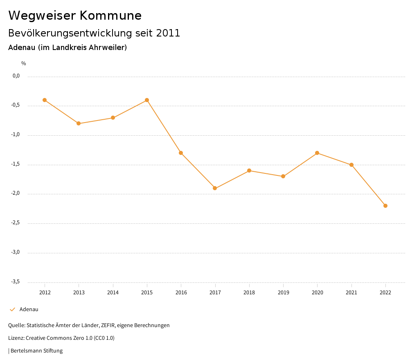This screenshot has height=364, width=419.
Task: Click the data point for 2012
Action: (x=45, y=100)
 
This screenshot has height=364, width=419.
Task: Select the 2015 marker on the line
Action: (x=147, y=100)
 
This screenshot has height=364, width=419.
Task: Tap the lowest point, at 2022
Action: (x=385, y=206)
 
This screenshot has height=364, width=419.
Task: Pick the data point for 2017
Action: (x=215, y=188)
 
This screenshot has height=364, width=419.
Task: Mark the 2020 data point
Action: (x=317, y=153)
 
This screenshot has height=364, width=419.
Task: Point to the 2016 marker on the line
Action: (x=181, y=153)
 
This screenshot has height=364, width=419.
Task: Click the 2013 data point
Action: (x=79, y=123)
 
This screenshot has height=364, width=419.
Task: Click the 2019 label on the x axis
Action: (x=283, y=292)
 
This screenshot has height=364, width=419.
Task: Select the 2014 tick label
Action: (x=113, y=292)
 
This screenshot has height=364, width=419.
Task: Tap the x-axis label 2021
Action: (x=351, y=292)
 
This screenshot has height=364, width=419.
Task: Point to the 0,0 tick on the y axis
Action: (x=16, y=76)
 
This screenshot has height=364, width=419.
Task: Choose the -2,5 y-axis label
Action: (x=16, y=223)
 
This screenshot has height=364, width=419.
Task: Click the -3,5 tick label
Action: (x=16, y=282)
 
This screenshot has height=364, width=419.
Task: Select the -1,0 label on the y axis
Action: (x=16, y=135)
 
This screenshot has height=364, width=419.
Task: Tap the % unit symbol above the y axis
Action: (x=24, y=64)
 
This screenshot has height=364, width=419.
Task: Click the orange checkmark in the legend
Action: (x=12, y=309)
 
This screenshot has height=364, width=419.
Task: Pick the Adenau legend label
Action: (x=29, y=309)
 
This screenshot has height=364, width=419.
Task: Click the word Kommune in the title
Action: (x=110, y=16)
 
